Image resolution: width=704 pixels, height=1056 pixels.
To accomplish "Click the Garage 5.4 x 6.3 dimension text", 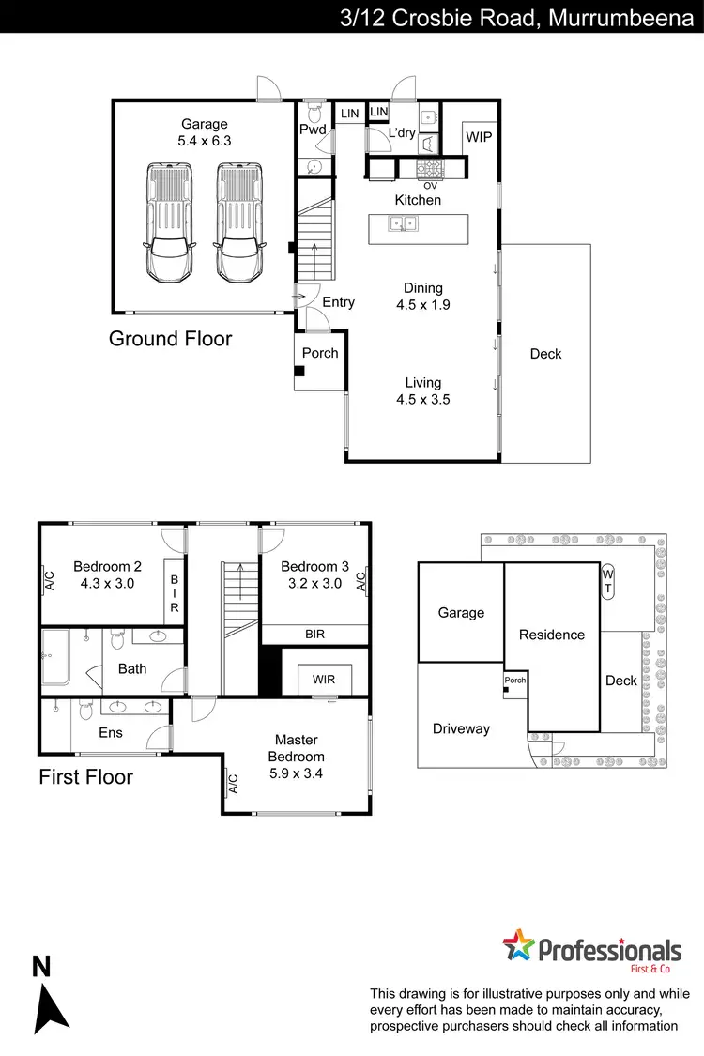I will click(x=205, y=141).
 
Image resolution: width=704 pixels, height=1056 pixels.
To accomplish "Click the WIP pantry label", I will click(x=478, y=137).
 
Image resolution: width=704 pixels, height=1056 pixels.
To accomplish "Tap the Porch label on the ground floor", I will click(x=320, y=353).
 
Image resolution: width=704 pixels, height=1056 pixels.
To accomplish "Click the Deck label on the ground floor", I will click(x=545, y=354).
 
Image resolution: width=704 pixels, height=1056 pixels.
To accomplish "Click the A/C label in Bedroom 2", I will click(x=50, y=582).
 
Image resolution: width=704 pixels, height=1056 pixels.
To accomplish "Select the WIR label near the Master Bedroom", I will click(x=324, y=679).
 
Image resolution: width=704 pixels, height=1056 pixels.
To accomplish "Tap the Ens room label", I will click(x=111, y=732).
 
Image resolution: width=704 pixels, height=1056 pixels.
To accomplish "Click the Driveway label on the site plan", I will click(x=461, y=728).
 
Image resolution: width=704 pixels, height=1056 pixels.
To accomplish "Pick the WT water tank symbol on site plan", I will click(x=607, y=580).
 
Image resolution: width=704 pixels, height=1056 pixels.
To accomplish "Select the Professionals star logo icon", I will click(x=517, y=946).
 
